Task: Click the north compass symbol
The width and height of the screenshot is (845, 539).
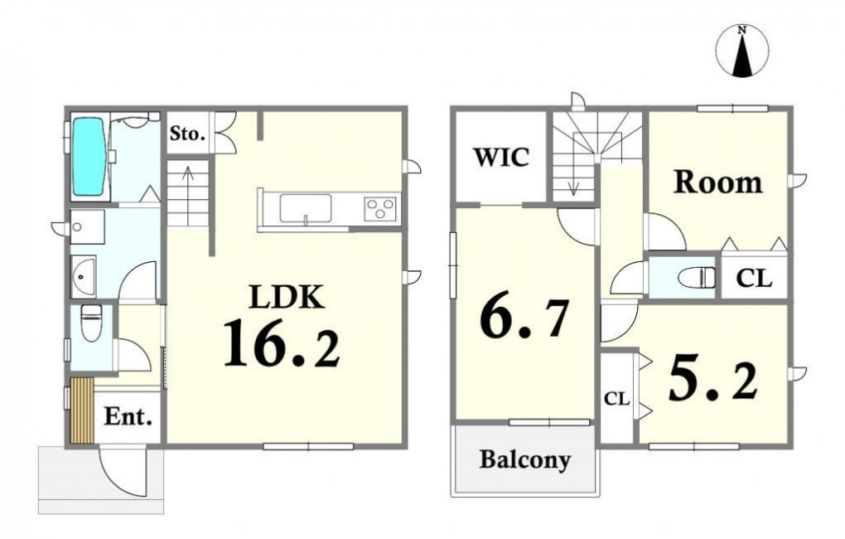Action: (x=742, y=51)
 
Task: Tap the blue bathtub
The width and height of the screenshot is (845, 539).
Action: (x=89, y=158)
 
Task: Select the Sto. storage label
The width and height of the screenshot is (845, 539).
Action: (x=187, y=133)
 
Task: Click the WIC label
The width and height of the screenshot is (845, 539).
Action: (x=501, y=157)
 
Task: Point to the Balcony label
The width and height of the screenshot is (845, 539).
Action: (x=525, y=460)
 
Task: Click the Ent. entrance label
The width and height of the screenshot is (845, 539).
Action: (x=128, y=416)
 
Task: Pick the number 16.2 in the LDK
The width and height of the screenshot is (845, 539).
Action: (x=282, y=342)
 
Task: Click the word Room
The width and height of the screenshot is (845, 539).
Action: (x=717, y=182)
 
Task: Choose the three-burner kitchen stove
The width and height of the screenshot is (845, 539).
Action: (x=381, y=208)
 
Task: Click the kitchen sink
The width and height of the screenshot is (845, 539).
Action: (x=305, y=208)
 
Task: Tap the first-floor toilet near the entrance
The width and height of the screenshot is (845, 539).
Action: (x=90, y=322)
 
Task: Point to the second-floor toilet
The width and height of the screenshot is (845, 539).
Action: (x=698, y=278)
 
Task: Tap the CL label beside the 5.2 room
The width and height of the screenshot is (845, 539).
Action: (x=616, y=399)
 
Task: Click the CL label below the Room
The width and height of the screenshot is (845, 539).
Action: (x=754, y=279)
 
